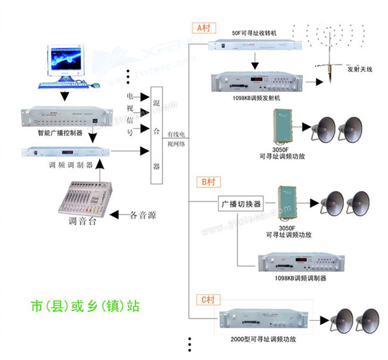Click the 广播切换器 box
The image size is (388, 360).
coord(241,204)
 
